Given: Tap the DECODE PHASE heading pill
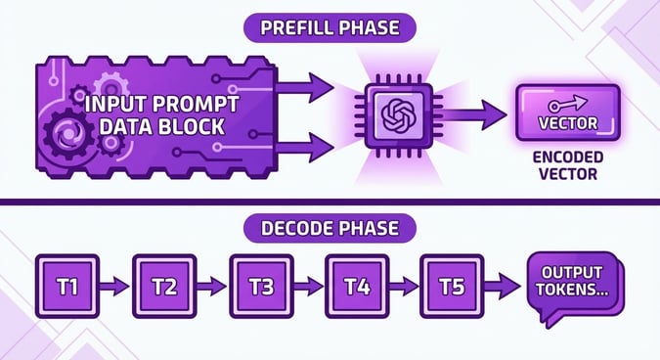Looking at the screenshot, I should [x=330, y=229].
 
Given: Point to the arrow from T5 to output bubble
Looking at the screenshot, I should [x=504, y=287].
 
